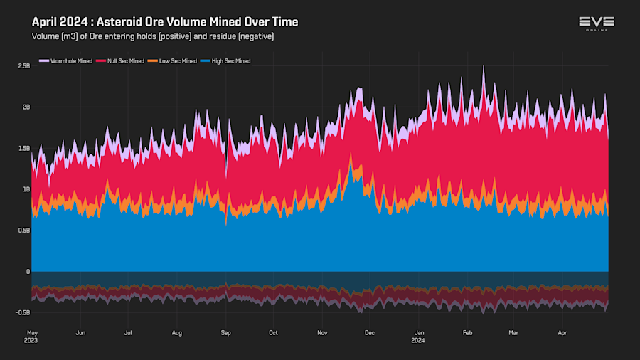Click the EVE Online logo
(596, 23)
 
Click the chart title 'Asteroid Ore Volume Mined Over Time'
(165, 22)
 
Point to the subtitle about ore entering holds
(153, 36)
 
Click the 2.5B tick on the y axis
(23, 66)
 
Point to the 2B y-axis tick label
(26, 107)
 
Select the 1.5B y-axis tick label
(23, 149)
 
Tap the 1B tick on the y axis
(26, 189)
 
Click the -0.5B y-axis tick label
(23, 312)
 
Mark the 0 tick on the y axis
(28, 272)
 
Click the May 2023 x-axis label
(32, 336)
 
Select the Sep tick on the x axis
(225, 332)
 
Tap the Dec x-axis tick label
(369, 332)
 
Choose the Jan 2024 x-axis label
(420, 336)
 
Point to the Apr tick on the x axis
(562, 332)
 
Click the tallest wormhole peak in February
(484, 67)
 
